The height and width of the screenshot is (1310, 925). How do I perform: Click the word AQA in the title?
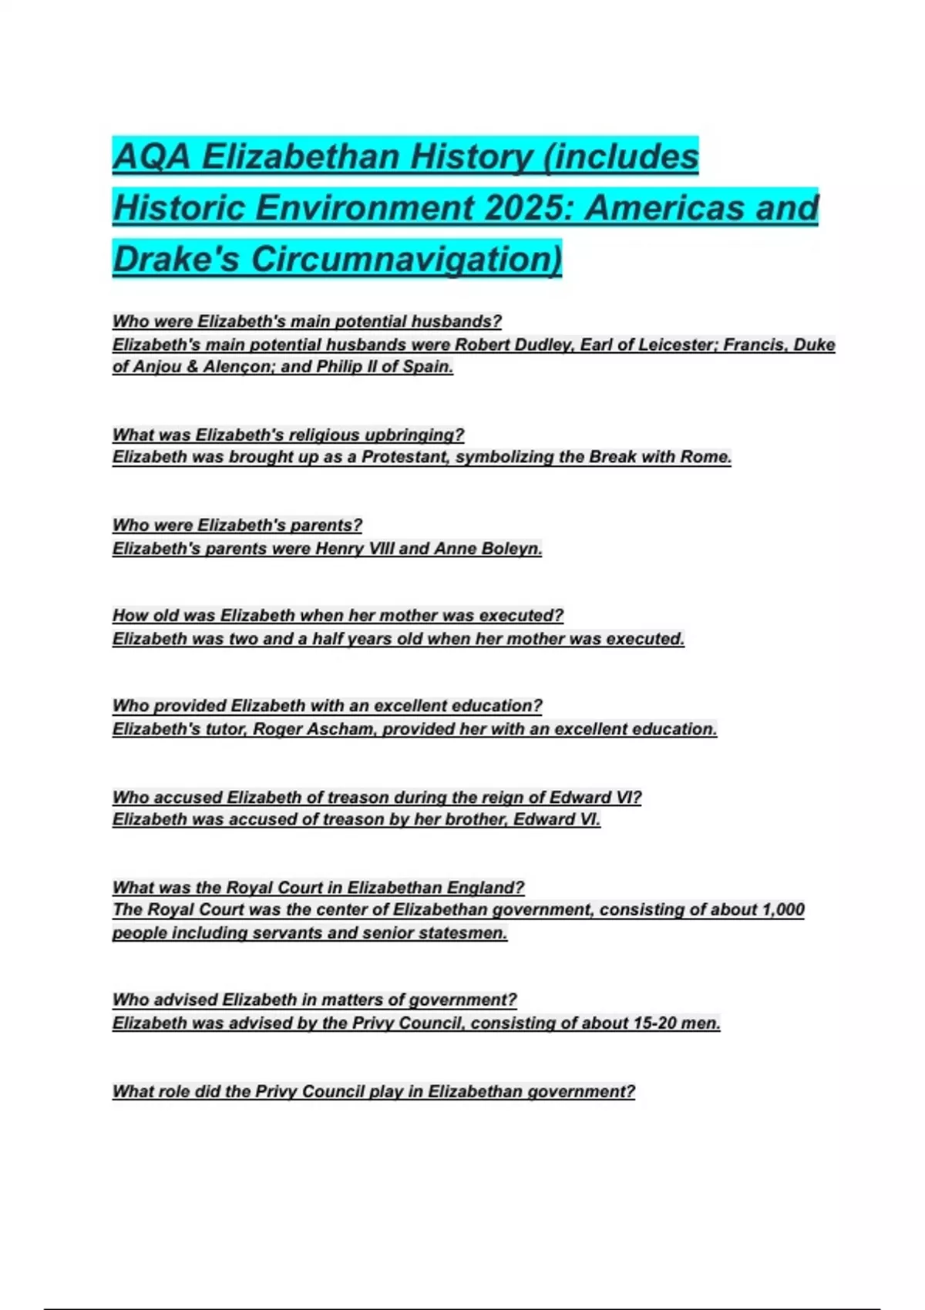[151, 156]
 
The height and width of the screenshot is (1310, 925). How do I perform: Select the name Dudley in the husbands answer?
[543, 344]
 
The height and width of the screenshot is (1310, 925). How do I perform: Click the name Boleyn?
[511, 549]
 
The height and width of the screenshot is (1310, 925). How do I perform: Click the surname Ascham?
[339, 729]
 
